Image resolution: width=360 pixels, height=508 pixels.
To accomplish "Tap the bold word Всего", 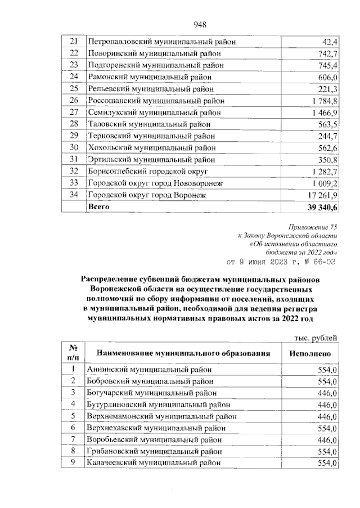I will [99, 207].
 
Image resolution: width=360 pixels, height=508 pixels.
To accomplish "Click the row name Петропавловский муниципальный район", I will [161, 42].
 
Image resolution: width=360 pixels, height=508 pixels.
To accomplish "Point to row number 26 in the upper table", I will [73, 101].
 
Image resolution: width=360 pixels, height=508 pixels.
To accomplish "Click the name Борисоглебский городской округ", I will [148, 171].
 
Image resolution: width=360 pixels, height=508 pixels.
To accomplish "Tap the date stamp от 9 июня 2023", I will [281, 262].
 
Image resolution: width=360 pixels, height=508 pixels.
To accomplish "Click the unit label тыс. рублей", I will [316, 338].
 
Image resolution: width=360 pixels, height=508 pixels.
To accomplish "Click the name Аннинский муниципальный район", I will [150, 370].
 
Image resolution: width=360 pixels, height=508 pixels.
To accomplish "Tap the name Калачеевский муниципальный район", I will [154, 463].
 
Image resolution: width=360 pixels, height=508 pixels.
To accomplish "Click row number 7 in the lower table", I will [73, 439].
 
